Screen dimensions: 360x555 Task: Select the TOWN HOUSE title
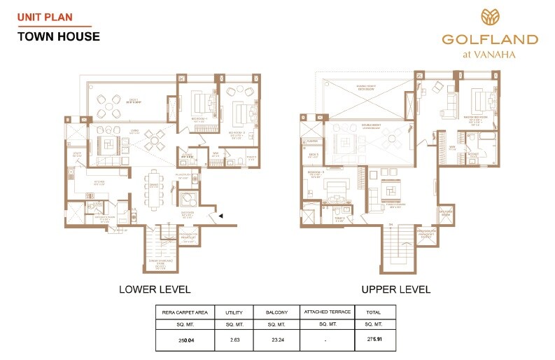pos(58,36)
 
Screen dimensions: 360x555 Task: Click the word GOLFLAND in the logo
pos(489,39)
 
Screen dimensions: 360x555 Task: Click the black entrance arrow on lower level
pos(221,216)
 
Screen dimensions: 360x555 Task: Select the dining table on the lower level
pos(155,193)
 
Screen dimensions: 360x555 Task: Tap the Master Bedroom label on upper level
pos(478,120)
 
